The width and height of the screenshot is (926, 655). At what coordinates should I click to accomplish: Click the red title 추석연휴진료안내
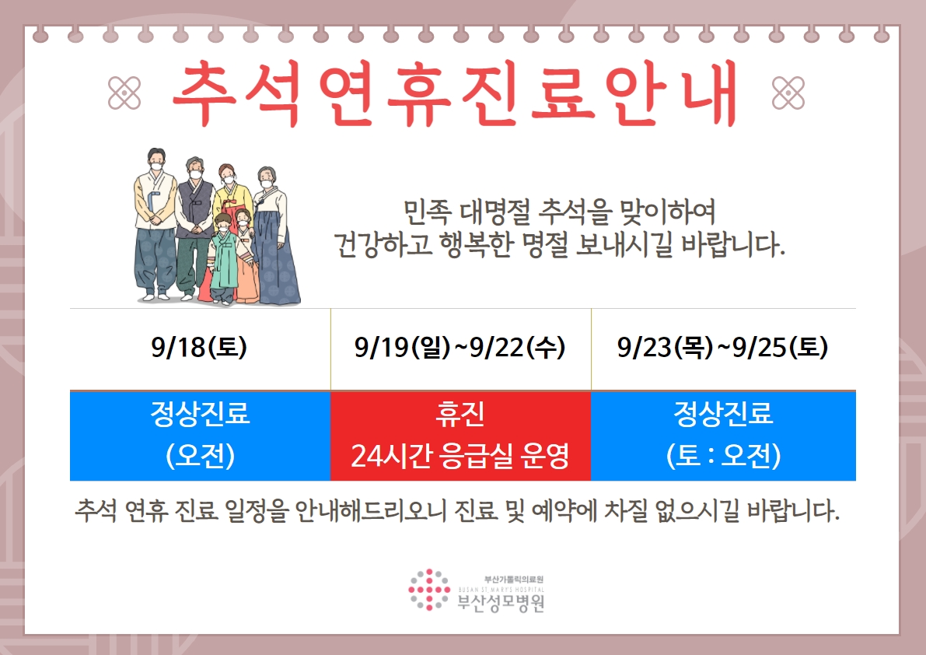click(455, 93)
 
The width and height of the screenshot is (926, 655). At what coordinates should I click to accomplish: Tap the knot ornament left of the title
click(124, 93)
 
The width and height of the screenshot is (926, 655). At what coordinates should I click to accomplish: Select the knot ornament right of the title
click(788, 93)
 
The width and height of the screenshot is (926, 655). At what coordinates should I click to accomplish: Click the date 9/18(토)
click(199, 347)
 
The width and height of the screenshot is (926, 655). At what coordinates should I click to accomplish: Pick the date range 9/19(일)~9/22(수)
click(460, 347)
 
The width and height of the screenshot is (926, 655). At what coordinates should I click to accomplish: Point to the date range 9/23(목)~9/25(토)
click(723, 347)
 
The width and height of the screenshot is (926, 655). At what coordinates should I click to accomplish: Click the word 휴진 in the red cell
click(460, 413)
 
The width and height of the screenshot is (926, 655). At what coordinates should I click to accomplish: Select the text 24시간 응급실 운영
click(460, 455)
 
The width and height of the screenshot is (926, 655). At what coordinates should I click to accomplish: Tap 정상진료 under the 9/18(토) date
click(200, 413)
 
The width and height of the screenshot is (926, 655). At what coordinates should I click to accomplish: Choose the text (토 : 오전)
click(723, 455)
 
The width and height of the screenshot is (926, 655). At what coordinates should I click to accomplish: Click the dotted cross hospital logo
click(428, 590)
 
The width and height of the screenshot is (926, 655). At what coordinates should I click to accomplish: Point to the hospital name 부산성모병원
click(501, 603)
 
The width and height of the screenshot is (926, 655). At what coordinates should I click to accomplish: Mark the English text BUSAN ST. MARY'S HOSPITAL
click(501, 590)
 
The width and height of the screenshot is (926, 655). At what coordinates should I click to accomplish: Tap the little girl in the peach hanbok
click(245, 256)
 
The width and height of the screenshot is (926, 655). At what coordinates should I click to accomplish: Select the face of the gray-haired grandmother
click(267, 178)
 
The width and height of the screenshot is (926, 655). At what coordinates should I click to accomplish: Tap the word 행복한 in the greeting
click(475, 244)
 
